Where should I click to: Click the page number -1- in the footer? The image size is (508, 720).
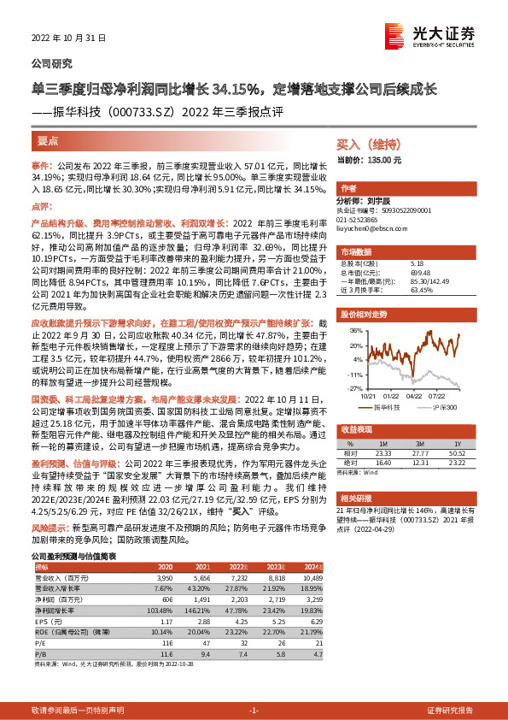coord(254,711)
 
